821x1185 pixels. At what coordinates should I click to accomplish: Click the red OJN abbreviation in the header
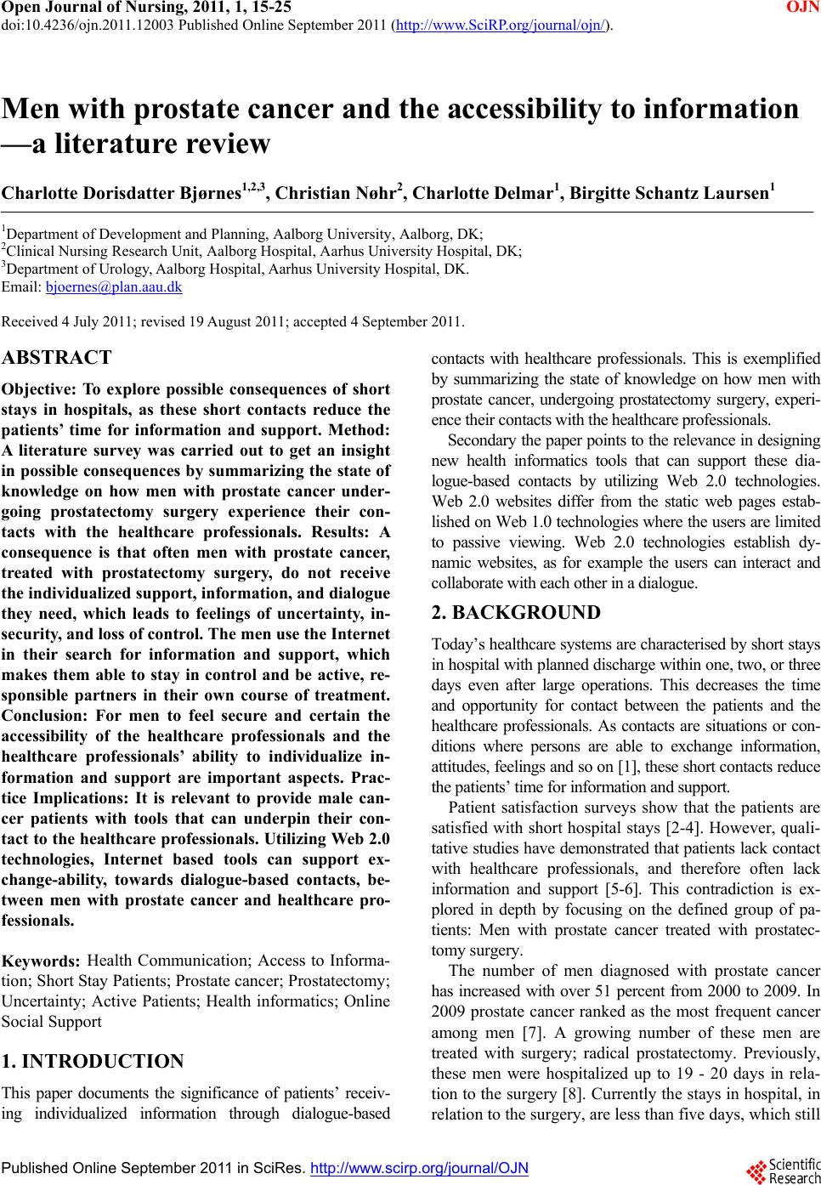[x=802, y=8]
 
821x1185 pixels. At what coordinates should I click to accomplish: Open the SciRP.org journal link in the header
[x=502, y=25]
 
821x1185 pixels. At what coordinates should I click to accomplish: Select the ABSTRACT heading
[x=58, y=357]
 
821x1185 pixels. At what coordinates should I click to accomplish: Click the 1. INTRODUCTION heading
[x=93, y=1061]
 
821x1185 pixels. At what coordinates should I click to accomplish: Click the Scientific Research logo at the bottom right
[x=787, y=1170]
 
